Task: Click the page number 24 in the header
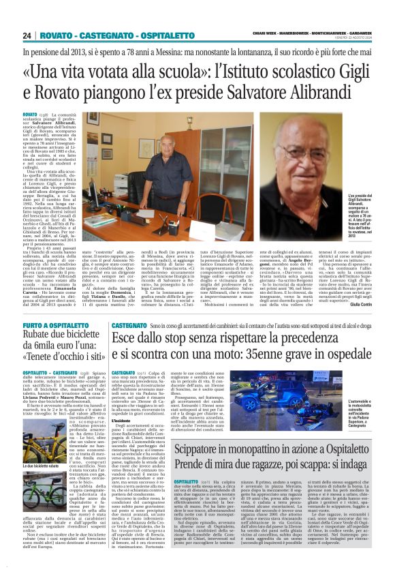point(27,35)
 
